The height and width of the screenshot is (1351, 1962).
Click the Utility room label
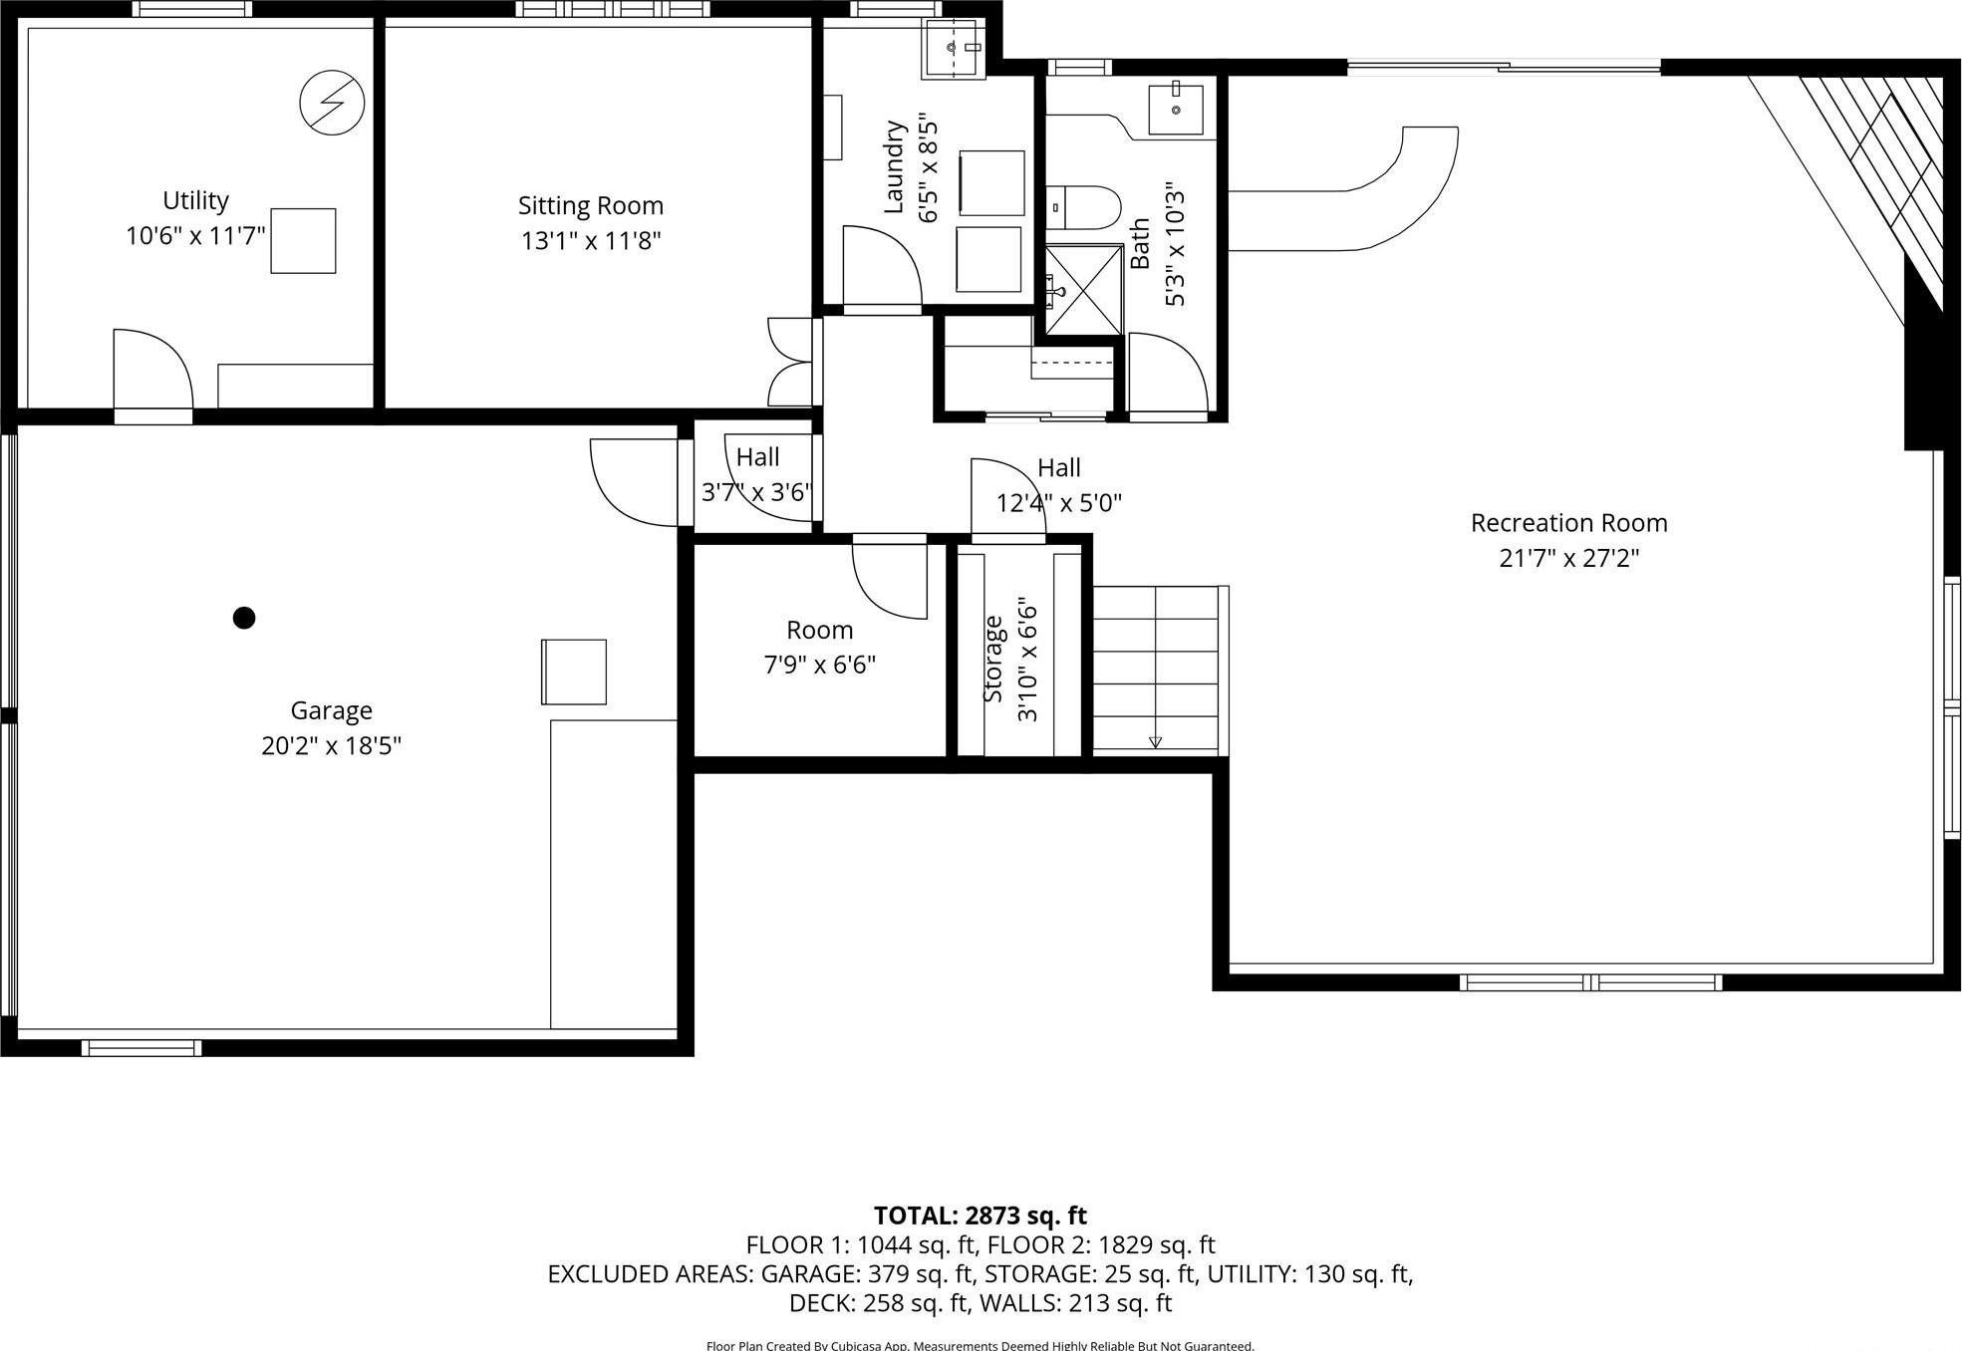pyautogui.click(x=195, y=200)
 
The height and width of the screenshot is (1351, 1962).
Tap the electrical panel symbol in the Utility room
pyautogui.click(x=332, y=103)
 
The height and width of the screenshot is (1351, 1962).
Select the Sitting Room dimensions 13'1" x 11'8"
pyautogui.click(x=591, y=241)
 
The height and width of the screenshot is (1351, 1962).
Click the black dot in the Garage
pyautogui.click(x=244, y=618)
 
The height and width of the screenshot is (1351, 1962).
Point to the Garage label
pyautogui.click(x=331, y=710)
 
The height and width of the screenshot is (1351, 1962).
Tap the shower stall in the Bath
pyautogui.click(x=1084, y=289)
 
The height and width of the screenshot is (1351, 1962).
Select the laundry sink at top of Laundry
pyautogui.click(x=954, y=47)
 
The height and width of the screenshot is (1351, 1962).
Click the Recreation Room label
pyautogui.click(x=1568, y=523)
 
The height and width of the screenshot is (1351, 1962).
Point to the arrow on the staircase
pyautogui.click(x=1155, y=741)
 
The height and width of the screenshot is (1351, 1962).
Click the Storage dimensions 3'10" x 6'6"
pyautogui.click(x=1027, y=660)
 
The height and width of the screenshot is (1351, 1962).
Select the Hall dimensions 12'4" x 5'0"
pyautogui.click(x=1058, y=503)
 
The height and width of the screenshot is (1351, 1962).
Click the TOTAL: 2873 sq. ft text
pyautogui.click(x=980, y=1216)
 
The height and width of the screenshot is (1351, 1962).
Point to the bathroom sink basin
pyautogui.click(x=1176, y=109)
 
